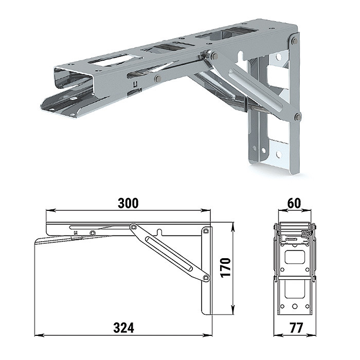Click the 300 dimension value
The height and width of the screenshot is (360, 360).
tap(128, 203)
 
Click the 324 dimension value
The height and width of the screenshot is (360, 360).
tap(123, 328)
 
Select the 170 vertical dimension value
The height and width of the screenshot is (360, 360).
tap(226, 268)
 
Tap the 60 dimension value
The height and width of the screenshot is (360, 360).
tap(294, 203)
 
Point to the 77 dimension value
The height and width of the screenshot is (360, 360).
tap(296, 328)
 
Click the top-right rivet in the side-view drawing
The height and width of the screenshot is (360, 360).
tap(206, 230)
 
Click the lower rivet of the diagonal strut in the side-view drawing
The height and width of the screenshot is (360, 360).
tap(206, 278)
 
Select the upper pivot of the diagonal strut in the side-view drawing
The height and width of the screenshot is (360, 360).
tap(133, 227)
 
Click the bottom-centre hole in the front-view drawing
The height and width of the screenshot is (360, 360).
tap(295, 307)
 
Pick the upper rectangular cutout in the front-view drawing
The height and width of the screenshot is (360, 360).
tap(295, 257)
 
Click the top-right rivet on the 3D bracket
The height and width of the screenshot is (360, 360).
tap(295, 41)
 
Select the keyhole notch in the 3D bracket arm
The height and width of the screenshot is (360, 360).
tap(240, 56)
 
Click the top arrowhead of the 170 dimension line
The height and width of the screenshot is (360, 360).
tap(233, 227)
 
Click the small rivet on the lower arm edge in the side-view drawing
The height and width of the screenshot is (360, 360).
tap(92, 233)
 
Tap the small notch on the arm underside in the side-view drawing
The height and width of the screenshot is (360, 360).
tap(159, 232)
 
